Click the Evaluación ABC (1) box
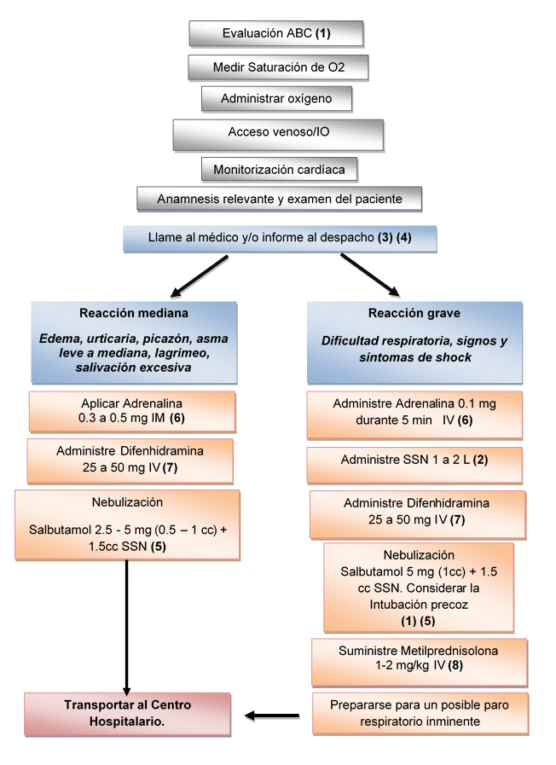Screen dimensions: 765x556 click(x=275, y=33)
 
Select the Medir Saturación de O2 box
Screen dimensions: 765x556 click(x=278, y=67)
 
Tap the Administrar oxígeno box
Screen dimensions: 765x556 click(x=277, y=99)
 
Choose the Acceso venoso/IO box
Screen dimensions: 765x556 click(x=278, y=133)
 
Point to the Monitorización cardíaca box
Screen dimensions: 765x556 click(x=278, y=170)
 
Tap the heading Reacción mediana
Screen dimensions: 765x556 click(x=133, y=312)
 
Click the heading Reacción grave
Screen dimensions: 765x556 click(x=414, y=312)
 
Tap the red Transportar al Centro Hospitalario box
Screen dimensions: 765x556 click(x=127, y=713)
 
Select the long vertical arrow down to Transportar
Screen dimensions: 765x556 click(x=127, y=623)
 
